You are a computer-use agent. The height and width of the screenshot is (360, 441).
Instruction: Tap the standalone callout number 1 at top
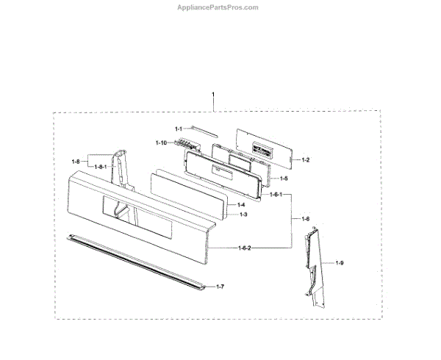(213, 96)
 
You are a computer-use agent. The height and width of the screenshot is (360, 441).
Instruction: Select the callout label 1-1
(179, 129)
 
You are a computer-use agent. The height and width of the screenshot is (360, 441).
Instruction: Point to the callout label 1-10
(162, 142)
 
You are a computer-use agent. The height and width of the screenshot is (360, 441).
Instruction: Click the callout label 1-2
(305, 160)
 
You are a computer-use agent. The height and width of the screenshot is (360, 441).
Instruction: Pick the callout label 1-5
(283, 178)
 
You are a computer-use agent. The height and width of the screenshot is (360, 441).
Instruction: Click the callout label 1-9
(339, 262)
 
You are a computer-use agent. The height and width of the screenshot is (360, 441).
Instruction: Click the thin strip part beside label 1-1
(201, 131)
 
